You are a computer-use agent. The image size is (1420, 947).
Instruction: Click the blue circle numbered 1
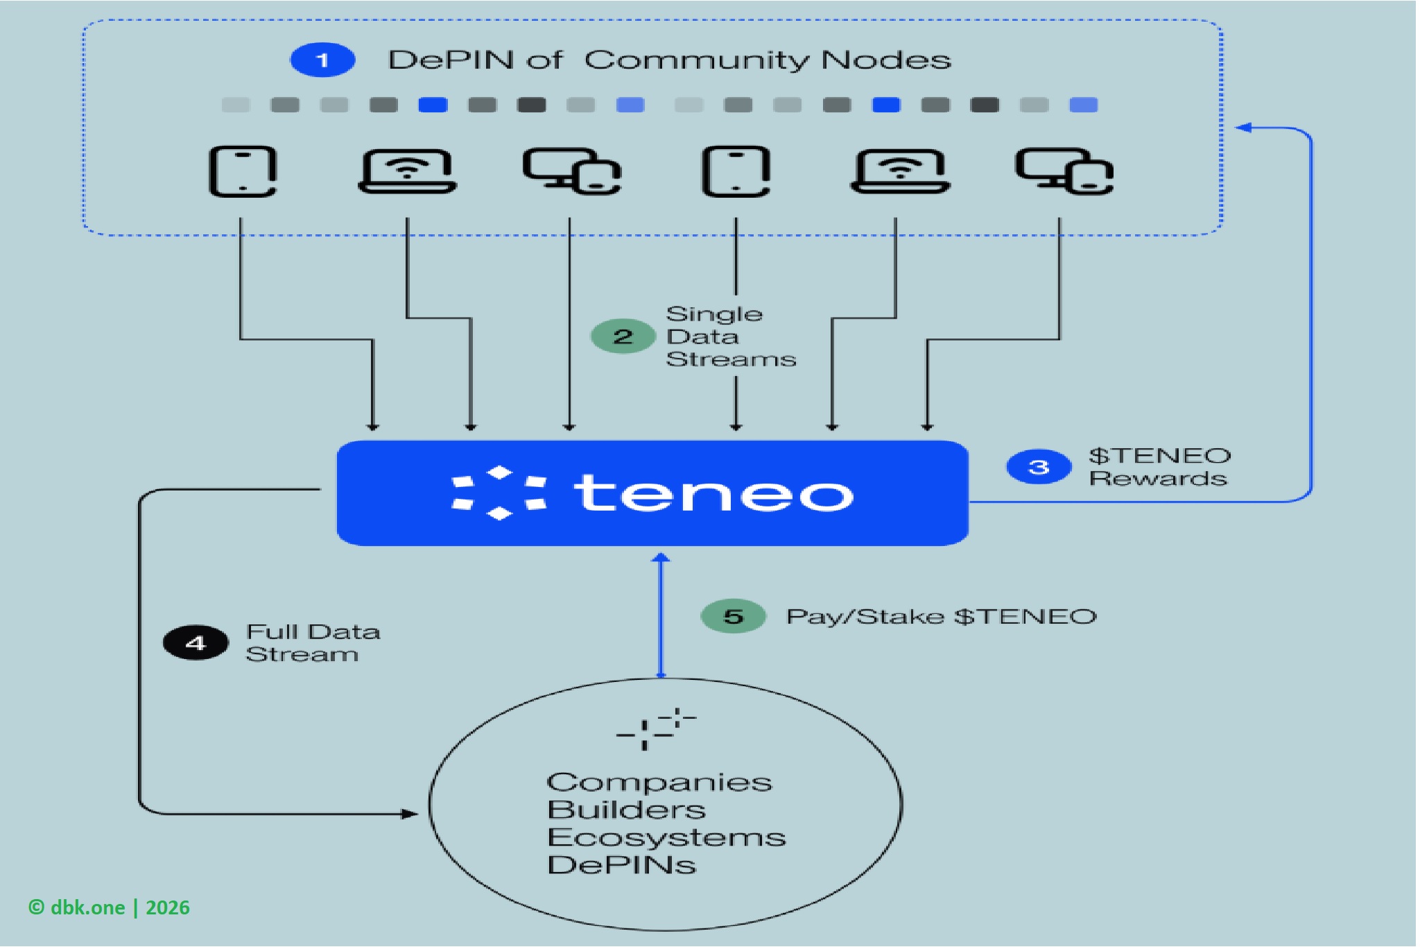click(x=322, y=60)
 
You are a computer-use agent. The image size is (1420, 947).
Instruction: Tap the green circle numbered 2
click(x=623, y=336)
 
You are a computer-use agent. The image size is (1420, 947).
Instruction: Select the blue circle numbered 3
click(x=1038, y=467)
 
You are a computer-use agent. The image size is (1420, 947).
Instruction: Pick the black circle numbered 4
click(x=196, y=643)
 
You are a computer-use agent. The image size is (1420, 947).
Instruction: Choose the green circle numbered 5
click(x=733, y=616)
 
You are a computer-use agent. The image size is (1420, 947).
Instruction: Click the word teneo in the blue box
click(x=713, y=493)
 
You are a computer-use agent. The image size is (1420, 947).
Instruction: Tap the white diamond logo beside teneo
click(x=499, y=493)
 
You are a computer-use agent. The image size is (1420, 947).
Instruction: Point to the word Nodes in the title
click(x=885, y=60)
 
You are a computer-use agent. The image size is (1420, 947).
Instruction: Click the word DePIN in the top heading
click(x=450, y=60)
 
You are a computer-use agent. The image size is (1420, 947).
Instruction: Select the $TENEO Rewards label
click(x=1159, y=467)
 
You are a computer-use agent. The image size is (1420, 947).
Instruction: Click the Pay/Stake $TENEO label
click(x=941, y=616)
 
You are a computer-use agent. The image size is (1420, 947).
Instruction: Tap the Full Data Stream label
click(x=312, y=643)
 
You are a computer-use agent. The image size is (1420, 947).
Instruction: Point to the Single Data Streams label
click(x=730, y=336)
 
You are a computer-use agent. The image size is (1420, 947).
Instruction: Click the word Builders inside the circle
click(x=626, y=810)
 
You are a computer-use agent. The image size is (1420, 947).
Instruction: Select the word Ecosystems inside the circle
click(x=666, y=837)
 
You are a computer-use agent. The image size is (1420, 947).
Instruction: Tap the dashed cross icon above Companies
click(x=655, y=728)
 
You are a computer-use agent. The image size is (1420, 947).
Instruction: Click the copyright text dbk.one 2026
click(x=109, y=907)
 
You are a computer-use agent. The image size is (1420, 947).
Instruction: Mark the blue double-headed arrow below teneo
click(x=661, y=616)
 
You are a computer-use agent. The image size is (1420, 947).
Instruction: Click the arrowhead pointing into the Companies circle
click(x=410, y=814)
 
